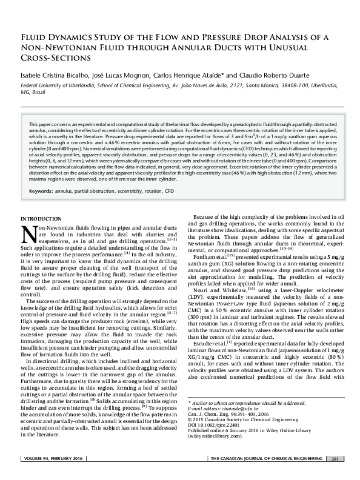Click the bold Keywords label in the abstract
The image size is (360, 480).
coord(41,191)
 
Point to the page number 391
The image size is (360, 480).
coord(335,475)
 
